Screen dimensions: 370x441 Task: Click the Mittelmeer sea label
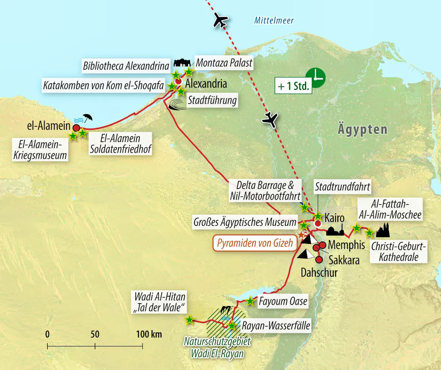(x=274, y=20)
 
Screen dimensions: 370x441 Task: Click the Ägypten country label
(x=363, y=130)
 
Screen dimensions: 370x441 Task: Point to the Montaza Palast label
(x=224, y=63)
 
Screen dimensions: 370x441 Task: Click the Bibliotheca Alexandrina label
(x=126, y=67)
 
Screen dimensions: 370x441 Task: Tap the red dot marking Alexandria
(x=178, y=82)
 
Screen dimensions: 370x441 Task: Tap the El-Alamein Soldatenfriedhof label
(x=120, y=144)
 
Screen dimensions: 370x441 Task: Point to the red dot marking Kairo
(x=317, y=224)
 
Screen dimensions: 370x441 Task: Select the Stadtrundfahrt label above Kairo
(x=342, y=187)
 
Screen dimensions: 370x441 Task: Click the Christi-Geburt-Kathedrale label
(x=399, y=252)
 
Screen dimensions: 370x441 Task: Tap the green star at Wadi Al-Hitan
(x=189, y=320)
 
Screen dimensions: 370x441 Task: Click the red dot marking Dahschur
(x=319, y=260)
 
